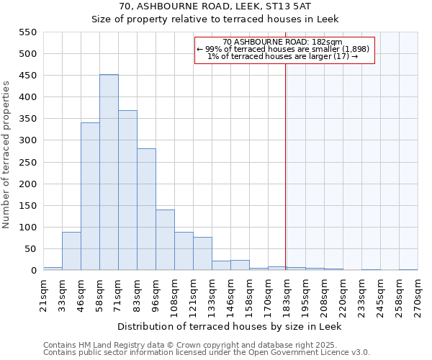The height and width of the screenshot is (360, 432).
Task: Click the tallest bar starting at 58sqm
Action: coord(109,173)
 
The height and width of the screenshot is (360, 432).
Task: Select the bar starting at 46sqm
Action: coord(90,197)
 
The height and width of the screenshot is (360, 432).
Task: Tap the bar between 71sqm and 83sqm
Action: coord(127,191)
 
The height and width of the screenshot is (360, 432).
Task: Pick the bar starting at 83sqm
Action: coord(146,210)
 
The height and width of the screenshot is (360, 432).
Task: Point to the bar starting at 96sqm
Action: coord(165,240)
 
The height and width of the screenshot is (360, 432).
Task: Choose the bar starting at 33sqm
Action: coord(71,251)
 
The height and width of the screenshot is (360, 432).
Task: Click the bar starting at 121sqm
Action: coord(202,254)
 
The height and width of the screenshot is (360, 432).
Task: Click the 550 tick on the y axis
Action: coord(27,32)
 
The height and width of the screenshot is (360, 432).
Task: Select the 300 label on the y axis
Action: coord(27,140)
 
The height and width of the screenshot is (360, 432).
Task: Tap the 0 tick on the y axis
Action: coord(33,271)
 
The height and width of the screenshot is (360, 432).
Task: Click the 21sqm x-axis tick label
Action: coord(43,294)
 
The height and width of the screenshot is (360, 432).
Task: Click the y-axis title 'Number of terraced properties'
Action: coord(6,155)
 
